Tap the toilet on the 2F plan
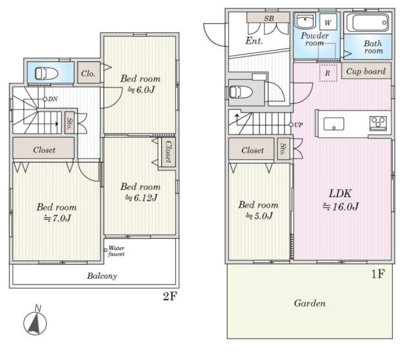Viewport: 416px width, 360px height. coord(47,73)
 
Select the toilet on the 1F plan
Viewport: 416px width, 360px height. coord(241,92)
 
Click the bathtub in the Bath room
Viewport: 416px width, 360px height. coord(368,23)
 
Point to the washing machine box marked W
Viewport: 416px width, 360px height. coord(328,23)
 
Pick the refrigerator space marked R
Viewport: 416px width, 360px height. coord(328,73)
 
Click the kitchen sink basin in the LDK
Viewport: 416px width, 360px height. coord(334,124)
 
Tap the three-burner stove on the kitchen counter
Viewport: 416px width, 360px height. coord(378,123)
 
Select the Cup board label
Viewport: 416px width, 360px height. coord(366,71)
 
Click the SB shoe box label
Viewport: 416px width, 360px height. coord(269,18)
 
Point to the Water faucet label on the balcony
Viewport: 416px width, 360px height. coord(116,251)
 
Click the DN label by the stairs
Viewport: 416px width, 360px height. coord(53,99)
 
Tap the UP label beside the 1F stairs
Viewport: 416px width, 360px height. coord(299,125)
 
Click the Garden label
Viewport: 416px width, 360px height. coord(310,303)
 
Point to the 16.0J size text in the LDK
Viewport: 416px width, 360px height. coord(341,206)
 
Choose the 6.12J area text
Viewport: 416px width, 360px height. coord(141,198)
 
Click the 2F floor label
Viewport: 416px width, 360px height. coord(169,296)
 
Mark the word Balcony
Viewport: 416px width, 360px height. coord(102,276)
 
